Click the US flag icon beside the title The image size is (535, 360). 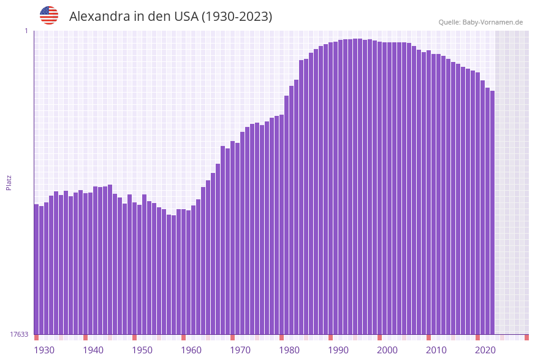[49, 15]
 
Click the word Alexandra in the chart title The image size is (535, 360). [99, 17]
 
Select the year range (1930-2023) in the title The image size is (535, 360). [237, 17]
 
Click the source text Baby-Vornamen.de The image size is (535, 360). [494, 22]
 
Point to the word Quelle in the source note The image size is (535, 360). [449, 22]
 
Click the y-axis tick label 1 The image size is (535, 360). [26, 31]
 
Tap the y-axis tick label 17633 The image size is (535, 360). [19, 334]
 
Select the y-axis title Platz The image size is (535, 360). [9, 182]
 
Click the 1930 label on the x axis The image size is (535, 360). [44, 350]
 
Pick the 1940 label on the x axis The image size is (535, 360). [93, 350]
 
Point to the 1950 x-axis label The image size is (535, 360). [142, 350]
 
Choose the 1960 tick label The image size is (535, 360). [191, 350]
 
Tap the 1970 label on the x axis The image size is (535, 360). [240, 350]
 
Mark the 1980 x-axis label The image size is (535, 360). [289, 350]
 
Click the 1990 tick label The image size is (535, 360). [338, 350]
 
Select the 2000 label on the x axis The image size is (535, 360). [387, 350]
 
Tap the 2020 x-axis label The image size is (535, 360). [485, 350]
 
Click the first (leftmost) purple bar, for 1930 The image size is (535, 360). [37, 270]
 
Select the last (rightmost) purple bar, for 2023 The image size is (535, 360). [492, 215]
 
